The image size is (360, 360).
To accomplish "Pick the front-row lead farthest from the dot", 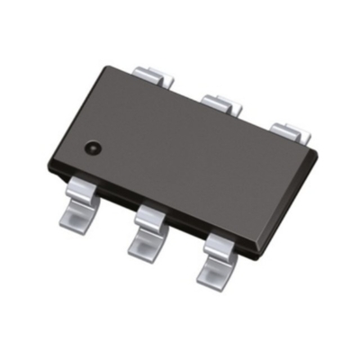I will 219,256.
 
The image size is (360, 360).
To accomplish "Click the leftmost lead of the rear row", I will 148,74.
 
